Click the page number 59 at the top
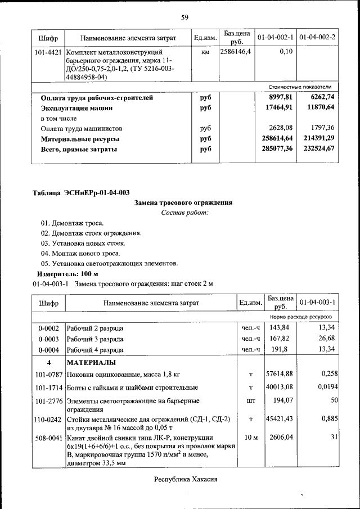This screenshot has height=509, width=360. pyautogui.click(x=184, y=17)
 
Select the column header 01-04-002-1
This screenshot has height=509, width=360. pyautogui.click(x=276, y=38)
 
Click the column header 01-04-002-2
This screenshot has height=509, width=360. pyautogui.click(x=317, y=38)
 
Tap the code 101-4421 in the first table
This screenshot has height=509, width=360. pyautogui.click(x=48, y=52)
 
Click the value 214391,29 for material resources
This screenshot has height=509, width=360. pyautogui.click(x=317, y=138)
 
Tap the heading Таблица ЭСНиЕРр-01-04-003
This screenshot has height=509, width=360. pyautogui.click(x=81, y=193)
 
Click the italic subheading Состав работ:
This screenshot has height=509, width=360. pyautogui.click(x=184, y=213)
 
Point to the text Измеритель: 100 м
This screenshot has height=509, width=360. pyautogui.click(x=67, y=273)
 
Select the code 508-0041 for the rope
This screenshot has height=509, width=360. pyautogui.click(x=48, y=437)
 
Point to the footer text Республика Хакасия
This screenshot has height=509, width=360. pyautogui.click(x=185, y=479)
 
